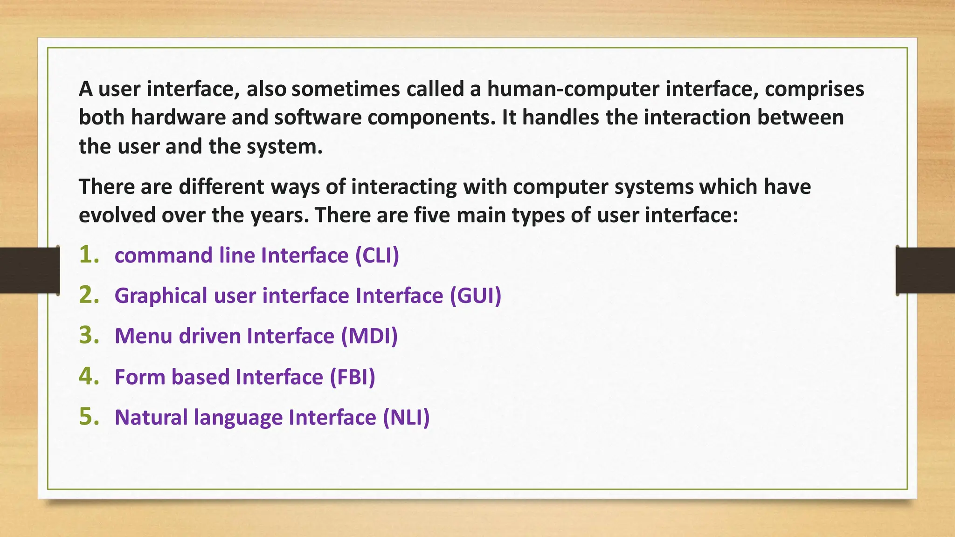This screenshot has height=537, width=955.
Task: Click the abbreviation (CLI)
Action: pos(377,255)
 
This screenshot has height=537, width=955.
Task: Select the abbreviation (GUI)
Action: pos(475,296)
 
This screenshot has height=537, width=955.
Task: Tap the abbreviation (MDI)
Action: pos(369,336)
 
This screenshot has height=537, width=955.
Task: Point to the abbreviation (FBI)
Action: pos(352,377)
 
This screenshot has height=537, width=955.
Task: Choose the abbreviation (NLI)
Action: pos(406,417)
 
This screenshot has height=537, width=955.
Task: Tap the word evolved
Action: pos(117,215)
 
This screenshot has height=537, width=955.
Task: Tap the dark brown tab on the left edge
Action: pos(29,270)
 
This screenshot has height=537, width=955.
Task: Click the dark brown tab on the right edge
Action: pos(925,270)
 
